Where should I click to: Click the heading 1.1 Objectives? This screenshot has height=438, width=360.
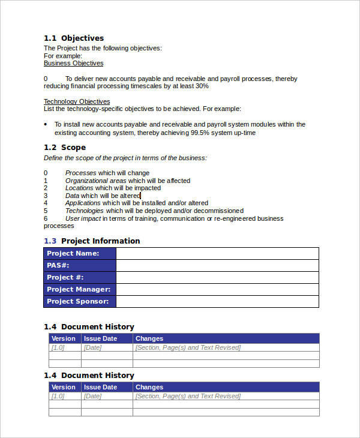pos(74,38)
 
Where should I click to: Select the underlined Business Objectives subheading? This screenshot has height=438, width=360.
pos(73,63)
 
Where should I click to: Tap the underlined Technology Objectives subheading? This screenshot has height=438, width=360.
pos(77,101)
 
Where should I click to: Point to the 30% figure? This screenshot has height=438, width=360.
pos(201,86)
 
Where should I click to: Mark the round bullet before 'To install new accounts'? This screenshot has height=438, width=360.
pos(46,124)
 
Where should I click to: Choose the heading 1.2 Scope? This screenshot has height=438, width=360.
pos(65,147)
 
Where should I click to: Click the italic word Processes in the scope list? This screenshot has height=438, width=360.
pos(80,173)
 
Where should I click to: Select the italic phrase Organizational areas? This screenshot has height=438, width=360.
pos(95,181)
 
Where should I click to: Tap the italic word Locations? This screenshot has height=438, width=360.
pos(80,188)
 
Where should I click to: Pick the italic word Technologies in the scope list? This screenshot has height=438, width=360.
pos(84,211)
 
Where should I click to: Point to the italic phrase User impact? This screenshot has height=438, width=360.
pos(83,218)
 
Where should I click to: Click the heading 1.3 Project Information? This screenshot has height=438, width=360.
pos(92,241)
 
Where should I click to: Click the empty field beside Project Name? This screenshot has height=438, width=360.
pos(217,253)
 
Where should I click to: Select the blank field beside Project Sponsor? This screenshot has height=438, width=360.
pos(217,301)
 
